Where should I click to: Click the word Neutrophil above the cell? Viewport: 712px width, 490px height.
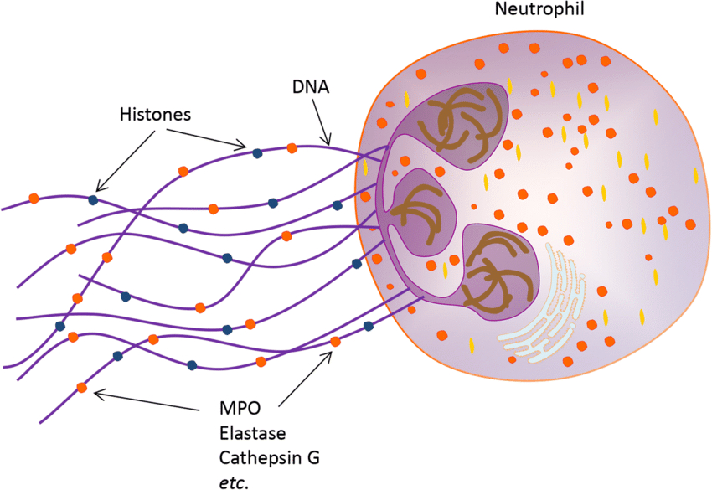(538, 10)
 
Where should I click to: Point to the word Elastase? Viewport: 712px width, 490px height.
(252, 435)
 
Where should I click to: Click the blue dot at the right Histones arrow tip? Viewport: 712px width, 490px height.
(257, 152)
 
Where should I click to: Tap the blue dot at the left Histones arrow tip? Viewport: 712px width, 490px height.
(93, 199)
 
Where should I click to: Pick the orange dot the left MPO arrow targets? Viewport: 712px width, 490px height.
(81, 387)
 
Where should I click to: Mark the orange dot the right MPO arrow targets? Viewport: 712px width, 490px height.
(336, 341)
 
